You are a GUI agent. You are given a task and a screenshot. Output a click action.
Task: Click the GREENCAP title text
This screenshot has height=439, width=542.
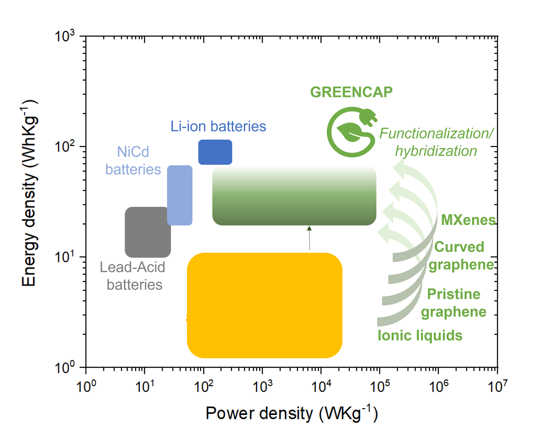pyautogui.click(x=351, y=92)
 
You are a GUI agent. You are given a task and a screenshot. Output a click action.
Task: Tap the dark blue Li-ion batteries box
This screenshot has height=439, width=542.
pyautogui.click(x=215, y=152)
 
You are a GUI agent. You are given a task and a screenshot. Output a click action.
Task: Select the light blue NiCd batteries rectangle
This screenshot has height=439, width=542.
pyautogui.click(x=180, y=195)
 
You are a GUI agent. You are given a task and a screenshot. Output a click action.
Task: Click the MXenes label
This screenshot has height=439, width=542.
pyautogui.click(x=468, y=220)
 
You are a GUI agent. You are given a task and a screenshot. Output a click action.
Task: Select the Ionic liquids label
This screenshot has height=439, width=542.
pyautogui.click(x=420, y=336)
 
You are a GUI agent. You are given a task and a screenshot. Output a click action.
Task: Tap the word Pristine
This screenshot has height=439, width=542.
pyautogui.click(x=454, y=294)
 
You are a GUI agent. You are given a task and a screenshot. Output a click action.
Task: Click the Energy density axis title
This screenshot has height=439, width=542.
pyautogui.click(x=29, y=194)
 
